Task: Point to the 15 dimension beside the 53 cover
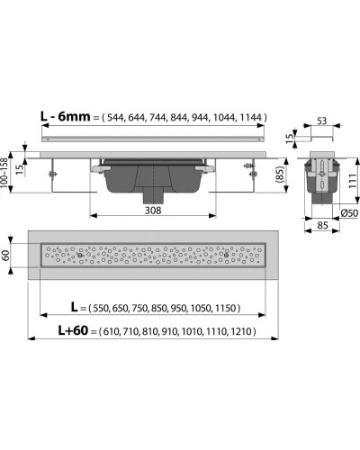click(288, 136)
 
